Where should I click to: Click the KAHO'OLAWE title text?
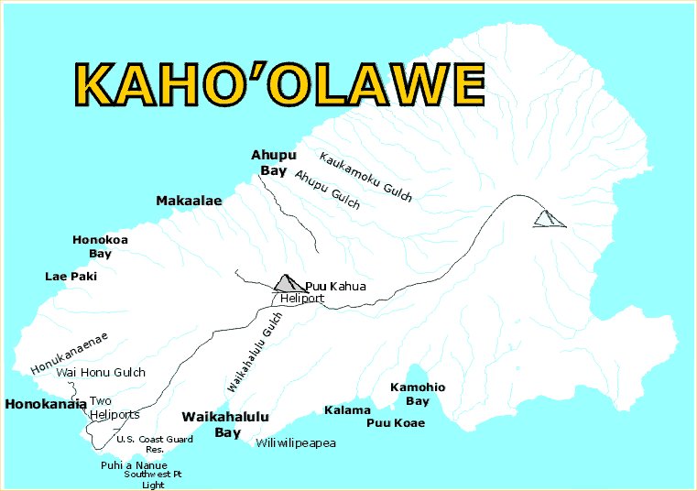(278, 85)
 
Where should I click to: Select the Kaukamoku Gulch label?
(365, 176)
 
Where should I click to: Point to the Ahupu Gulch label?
(327, 190)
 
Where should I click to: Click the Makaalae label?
(189, 201)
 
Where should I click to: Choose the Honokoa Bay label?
(100, 246)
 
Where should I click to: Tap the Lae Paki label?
(71, 276)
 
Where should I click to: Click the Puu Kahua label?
(335, 287)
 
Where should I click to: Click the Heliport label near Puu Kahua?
(302, 299)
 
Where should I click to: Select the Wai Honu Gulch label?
(101, 373)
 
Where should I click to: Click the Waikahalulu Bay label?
(225, 424)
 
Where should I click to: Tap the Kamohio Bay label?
(417, 394)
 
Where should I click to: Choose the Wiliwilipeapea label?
(296, 443)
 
